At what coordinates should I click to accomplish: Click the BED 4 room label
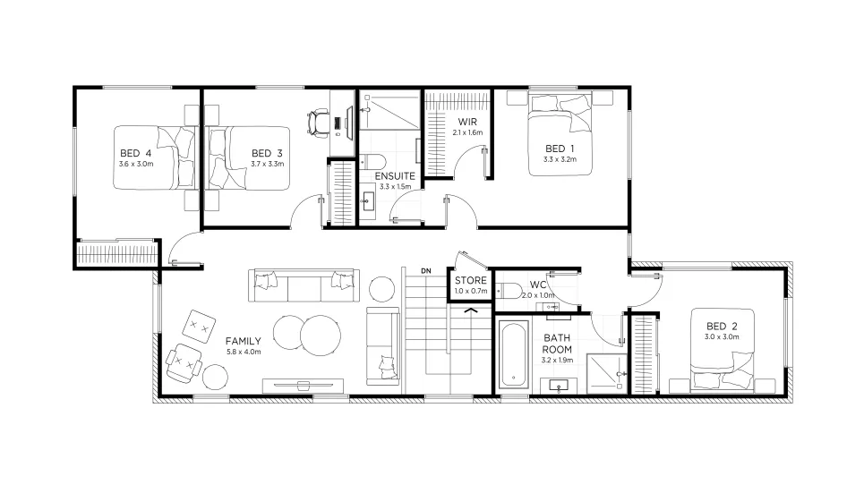click(x=135, y=153)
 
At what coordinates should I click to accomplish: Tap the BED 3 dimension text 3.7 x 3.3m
click(x=267, y=164)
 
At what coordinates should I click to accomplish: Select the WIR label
click(x=467, y=122)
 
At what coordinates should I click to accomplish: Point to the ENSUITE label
click(x=395, y=176)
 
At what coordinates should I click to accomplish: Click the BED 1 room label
click(x=560, y=149)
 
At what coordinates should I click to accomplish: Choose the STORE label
click(x=471, y=280)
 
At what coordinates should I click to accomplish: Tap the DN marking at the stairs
click(x=426, y=271)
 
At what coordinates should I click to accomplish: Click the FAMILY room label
click(x=243, y=341)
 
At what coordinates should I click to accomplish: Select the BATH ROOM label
click(x=557, y=344)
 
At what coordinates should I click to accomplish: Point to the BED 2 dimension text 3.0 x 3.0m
click(x=722, y=336)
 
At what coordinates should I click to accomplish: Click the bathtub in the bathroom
click(x=514, y=354)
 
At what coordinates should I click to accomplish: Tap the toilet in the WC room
click(x=509, y=290)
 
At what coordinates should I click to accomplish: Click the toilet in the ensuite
click(x=373, y=162)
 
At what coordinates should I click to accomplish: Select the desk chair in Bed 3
click(x=318, y=123)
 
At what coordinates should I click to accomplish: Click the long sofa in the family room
click(x=304, y=285)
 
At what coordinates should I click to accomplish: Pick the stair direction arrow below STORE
click(x=471, y=311)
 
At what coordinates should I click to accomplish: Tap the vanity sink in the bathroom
click(x=559, y=386)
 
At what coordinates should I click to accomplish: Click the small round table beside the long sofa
click(x=381, y=289)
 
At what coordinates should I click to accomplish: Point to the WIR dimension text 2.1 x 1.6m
click(x=467, y=132)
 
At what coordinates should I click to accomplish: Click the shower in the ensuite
click(x=389, y=110)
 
